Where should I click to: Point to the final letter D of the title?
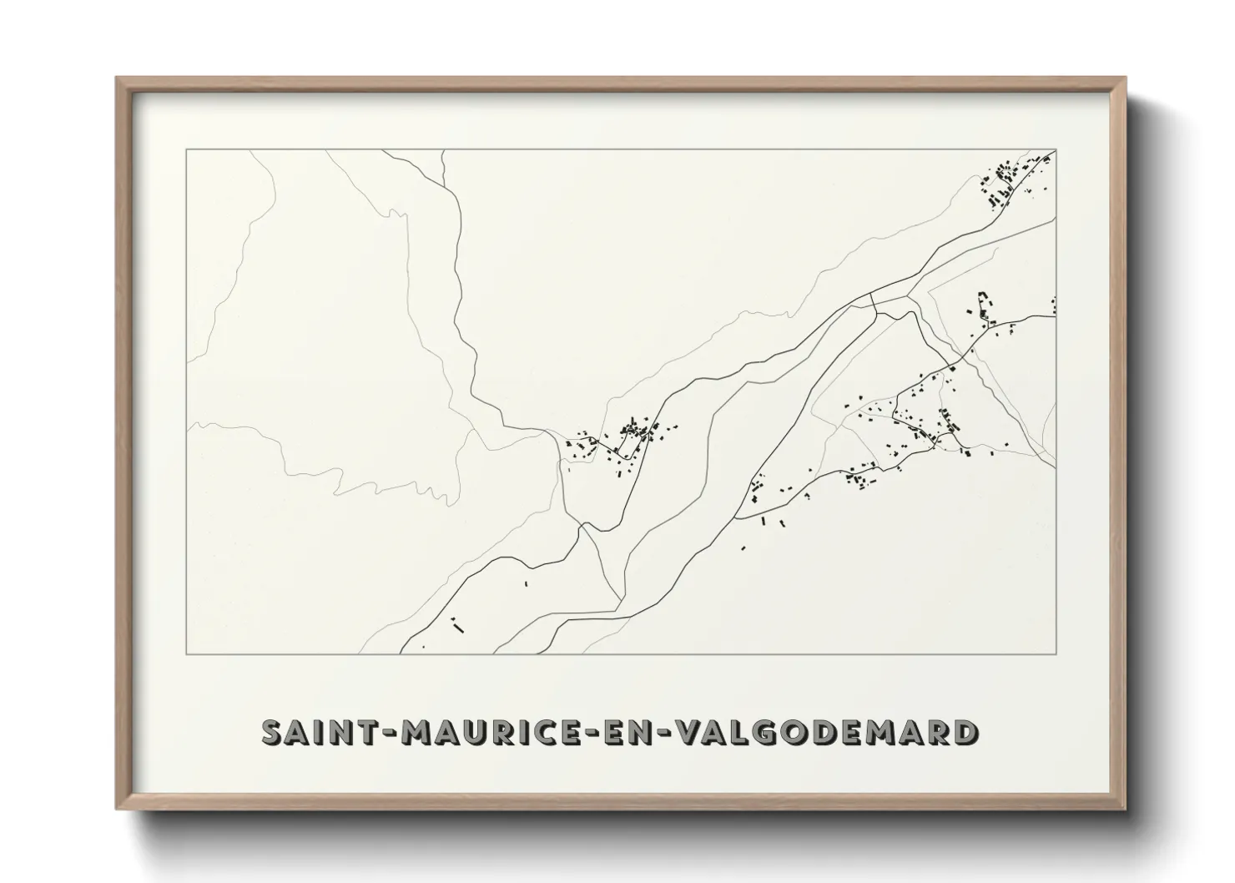pyautogui.click(x=964, y=732)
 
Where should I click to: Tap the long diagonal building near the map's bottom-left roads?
pyautogui.click(x=456, y=623)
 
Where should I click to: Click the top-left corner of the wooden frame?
pyautogui.click(x=118, y=79)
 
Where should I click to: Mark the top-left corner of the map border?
pyautogui.click(x=186, y=150)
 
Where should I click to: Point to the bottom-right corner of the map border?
pyautogui.click(x=1056, y=653)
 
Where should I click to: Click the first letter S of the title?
pyautogui.click(x=274, y=732)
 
